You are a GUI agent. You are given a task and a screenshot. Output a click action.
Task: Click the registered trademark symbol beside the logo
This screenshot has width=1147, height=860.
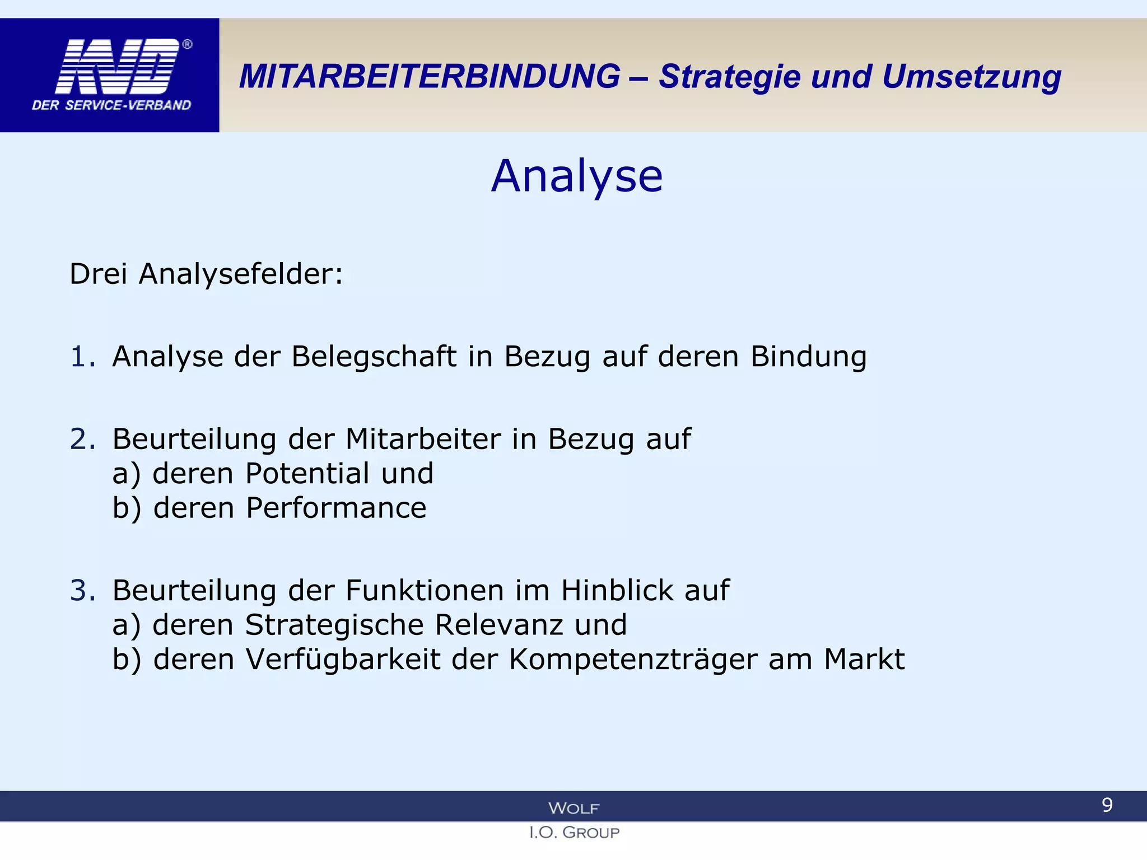pos(188,45)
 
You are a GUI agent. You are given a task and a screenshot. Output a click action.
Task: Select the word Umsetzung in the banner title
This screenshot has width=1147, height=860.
pos(971,77)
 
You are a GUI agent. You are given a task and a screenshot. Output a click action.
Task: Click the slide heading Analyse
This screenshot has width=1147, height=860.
pos(577,176)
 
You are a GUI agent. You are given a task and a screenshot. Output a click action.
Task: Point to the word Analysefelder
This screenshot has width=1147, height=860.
pos(241,274)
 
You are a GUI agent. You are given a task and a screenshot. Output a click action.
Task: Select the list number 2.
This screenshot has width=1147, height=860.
pos(82,439)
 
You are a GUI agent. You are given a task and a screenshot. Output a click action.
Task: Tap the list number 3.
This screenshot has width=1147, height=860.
pos(82,591)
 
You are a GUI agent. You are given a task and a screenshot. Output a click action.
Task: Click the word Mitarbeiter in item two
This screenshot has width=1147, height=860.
pos(423,439)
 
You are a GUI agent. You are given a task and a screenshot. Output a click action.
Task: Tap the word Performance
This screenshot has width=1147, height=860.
pos(336,508)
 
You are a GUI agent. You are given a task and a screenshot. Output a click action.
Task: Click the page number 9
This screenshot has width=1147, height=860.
pos(1107,805)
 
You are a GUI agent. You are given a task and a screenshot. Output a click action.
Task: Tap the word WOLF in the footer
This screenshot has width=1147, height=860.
pos(573,808)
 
